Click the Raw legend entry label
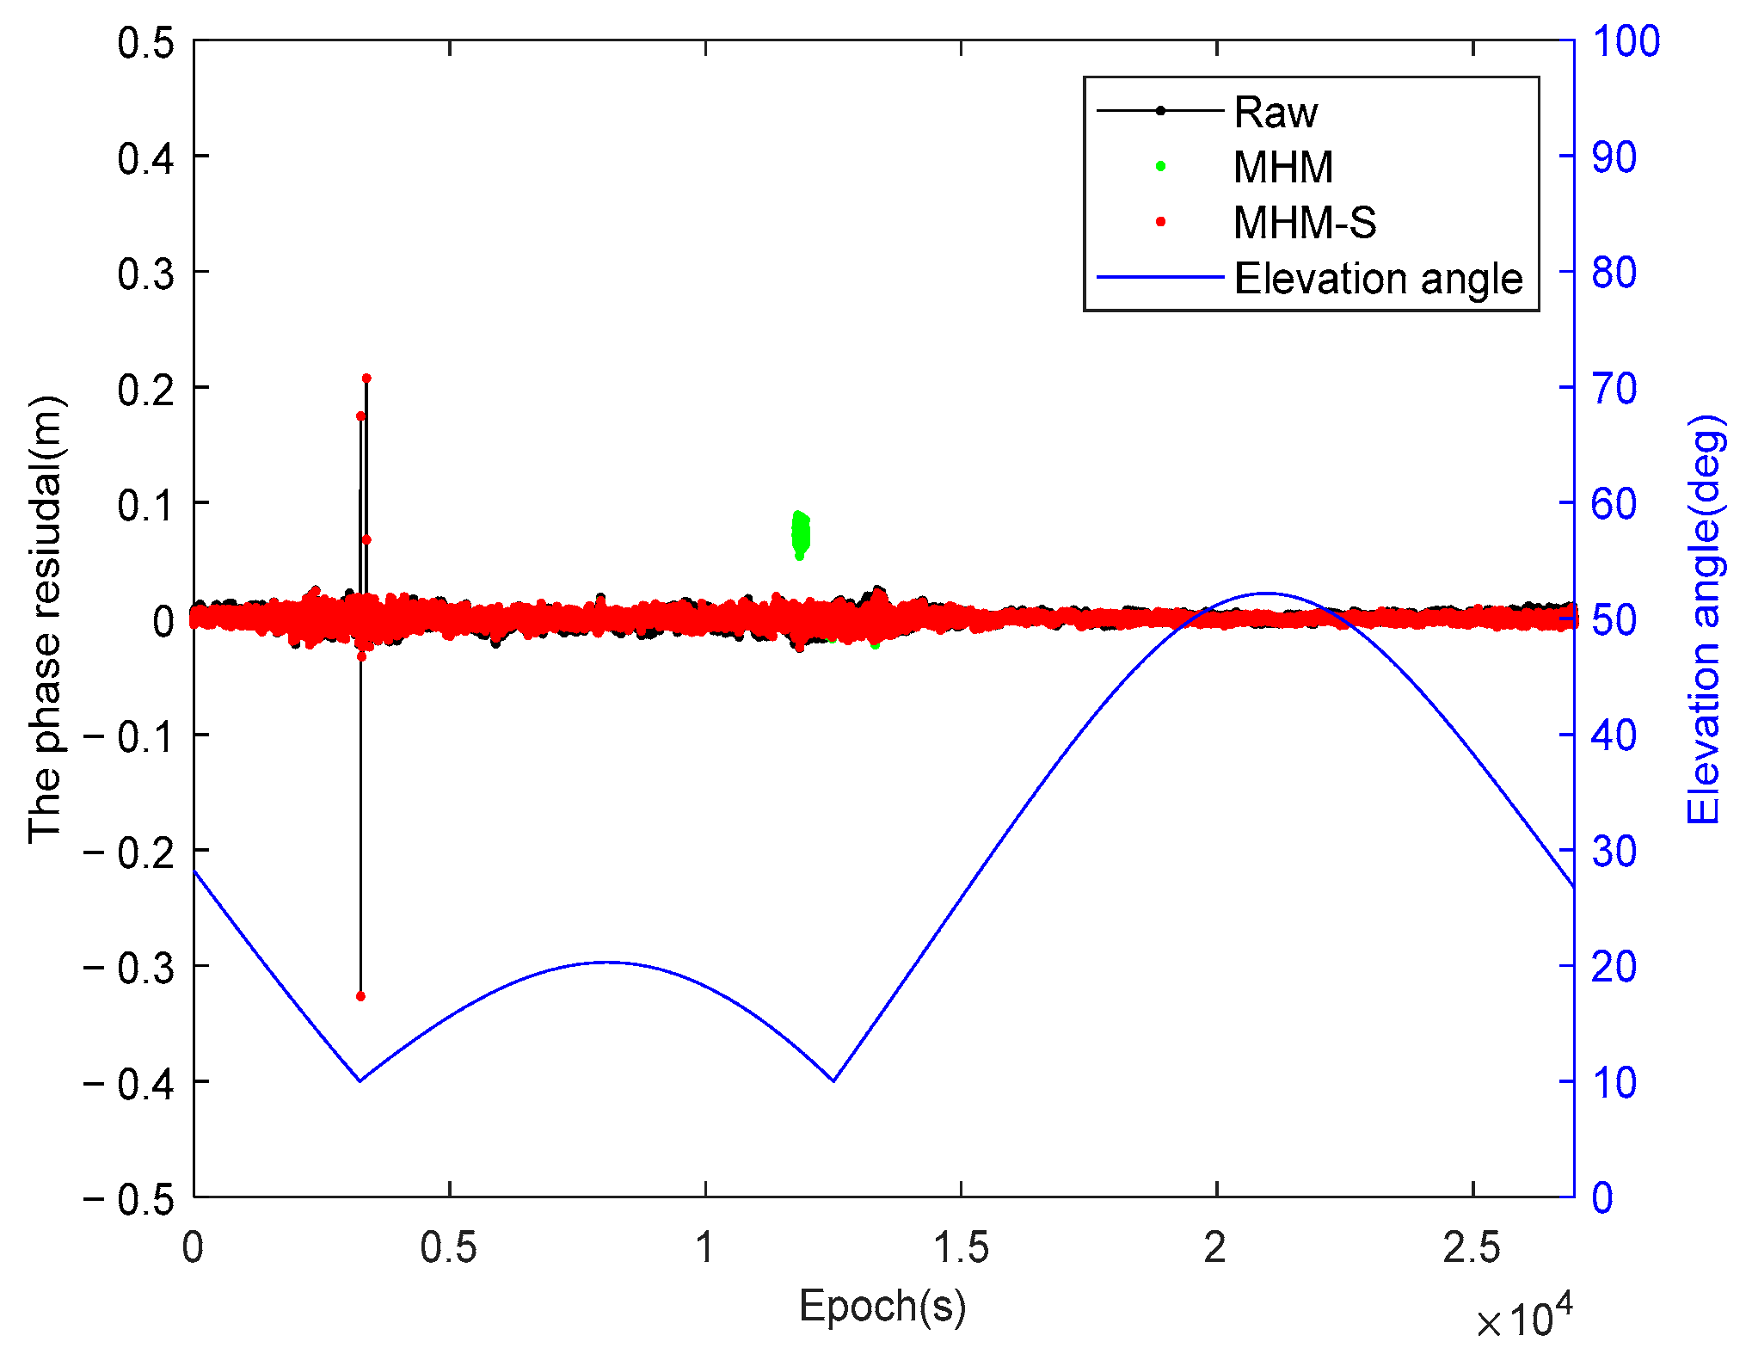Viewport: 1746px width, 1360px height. pyautogui.click(x=1275, y=112)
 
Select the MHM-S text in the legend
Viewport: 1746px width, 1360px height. pyautogui.click(x=1304, y=223)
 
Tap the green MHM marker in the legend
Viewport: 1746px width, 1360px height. pyautogui.click(x=1160, y=167)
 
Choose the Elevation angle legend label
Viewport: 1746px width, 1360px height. pyautogui.click(x=1378, y=279)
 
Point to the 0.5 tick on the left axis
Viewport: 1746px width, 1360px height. pyautogui.click(x=145, y=42)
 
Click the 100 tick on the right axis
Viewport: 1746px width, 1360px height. pyautogui.click(x=1625, y=41)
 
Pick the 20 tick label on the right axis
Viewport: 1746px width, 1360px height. pyautogui.click(x=1614, y=967)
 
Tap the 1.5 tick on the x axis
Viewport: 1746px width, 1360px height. pyautogui.click(x=961, y=1248)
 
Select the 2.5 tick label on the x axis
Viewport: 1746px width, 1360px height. pyautogui.click(x=1472, y=1248)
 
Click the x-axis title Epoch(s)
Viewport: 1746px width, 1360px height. pyautogui.click(x=882, y=1306)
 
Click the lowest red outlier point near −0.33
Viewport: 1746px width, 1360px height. pyautogui.click(x=360, y=996)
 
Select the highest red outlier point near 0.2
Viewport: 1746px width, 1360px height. pyautogui.click(x=366, y=378)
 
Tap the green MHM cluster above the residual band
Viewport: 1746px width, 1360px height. pyautogui.click(x=800, y=533)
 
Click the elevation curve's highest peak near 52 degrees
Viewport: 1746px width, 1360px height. pyautogui.click(x=1265, y=593)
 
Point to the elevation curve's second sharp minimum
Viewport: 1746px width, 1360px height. pyautogui.click(x=833, y=1080)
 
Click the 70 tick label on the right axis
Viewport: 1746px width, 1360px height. pyautogui.click(x=1614, y=389)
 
